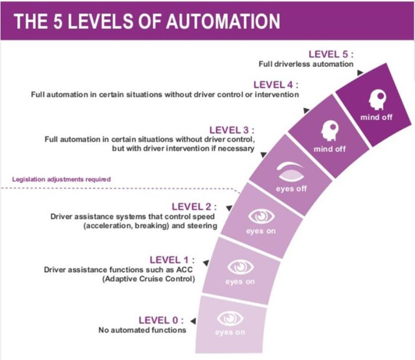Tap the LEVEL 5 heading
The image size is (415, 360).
pyautogui.click(x=331, y=54)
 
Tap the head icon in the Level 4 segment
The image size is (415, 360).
pyautogui.click(x=329, y=131)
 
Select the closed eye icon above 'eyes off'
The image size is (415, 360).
pyautogui.click(x=290, y=171)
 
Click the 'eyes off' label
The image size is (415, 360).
pyautogui.click(x=291, y=189)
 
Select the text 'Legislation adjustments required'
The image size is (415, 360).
pyautogui.click(x=61, y=180)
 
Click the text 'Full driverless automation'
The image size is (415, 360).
pyautogui.click(x=306, y=64)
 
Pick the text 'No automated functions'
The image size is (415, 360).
pyautogui.click(x=142, y=330)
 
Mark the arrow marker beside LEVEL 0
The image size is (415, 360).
pyautogui.click(x=193, y=321)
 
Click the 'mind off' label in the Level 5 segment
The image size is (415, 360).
pyautogui.click(x=376, y=117)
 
